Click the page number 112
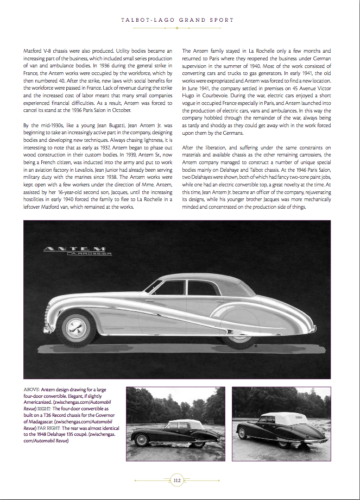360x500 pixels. click(177, 480)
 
